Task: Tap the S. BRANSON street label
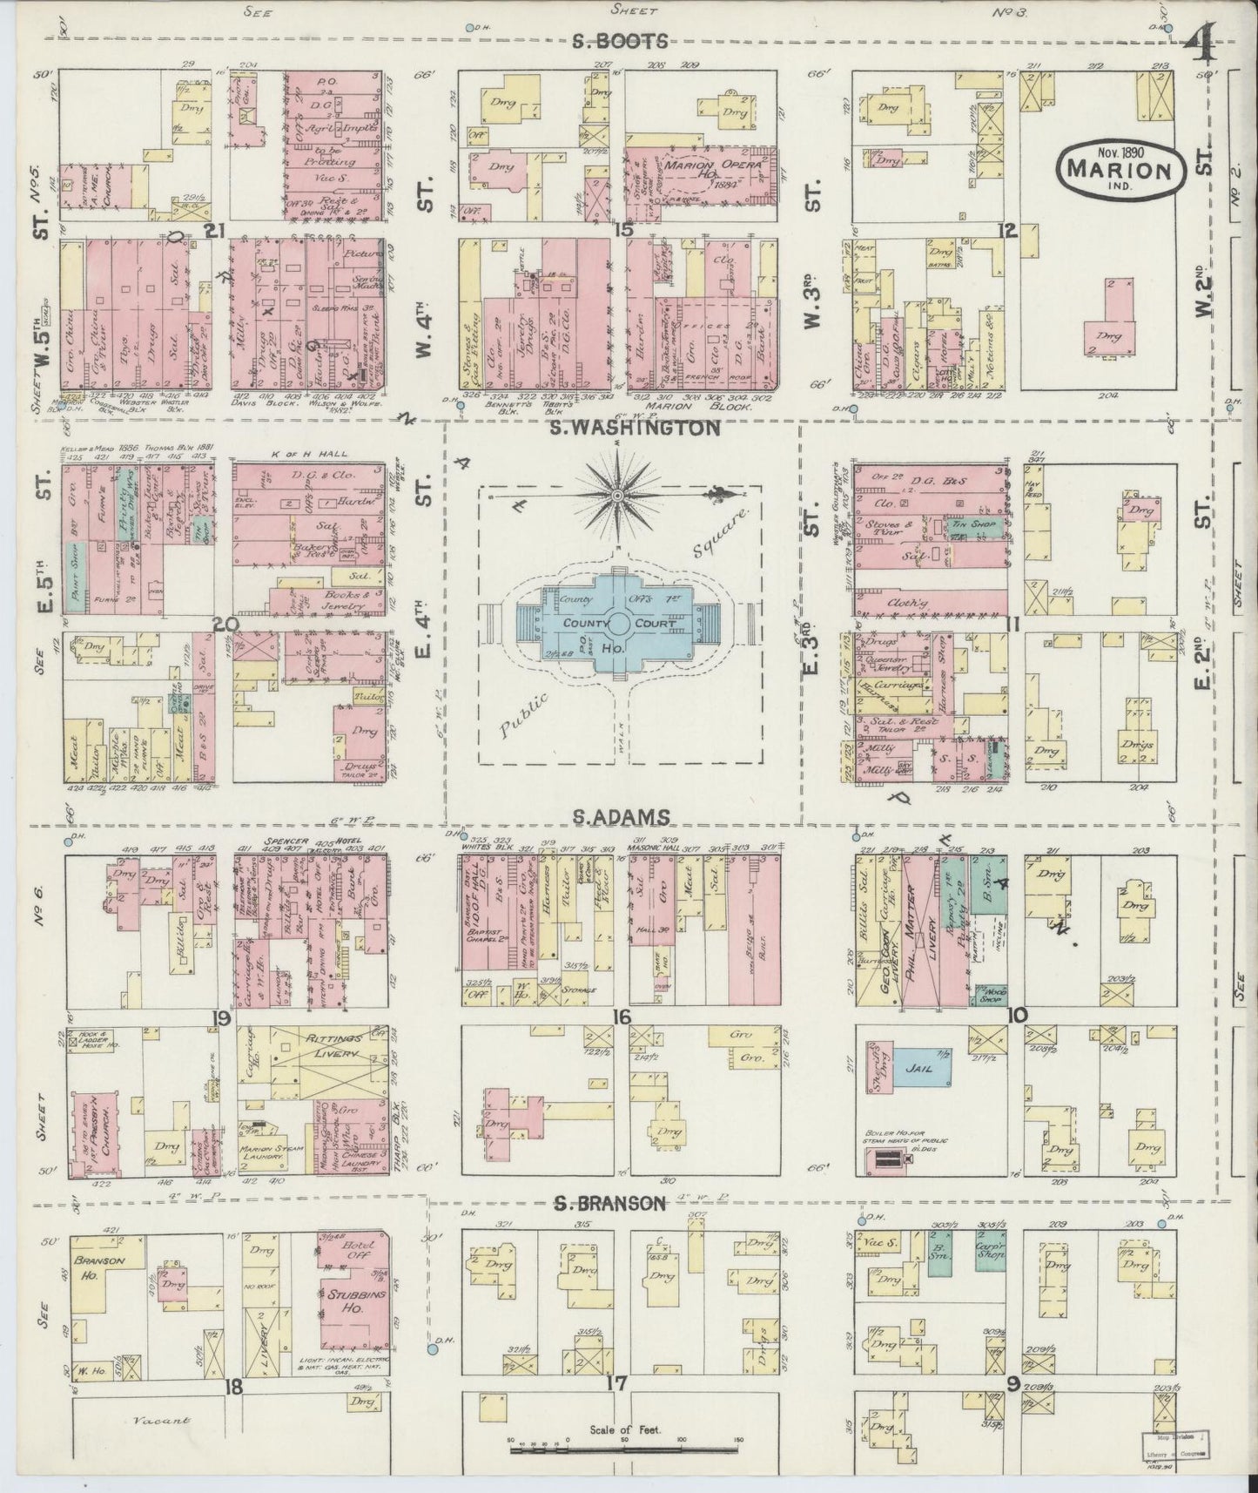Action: pyautogui.click(x=611, y=1205)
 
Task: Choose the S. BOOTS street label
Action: pyautogui.click(x=619, y=40)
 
